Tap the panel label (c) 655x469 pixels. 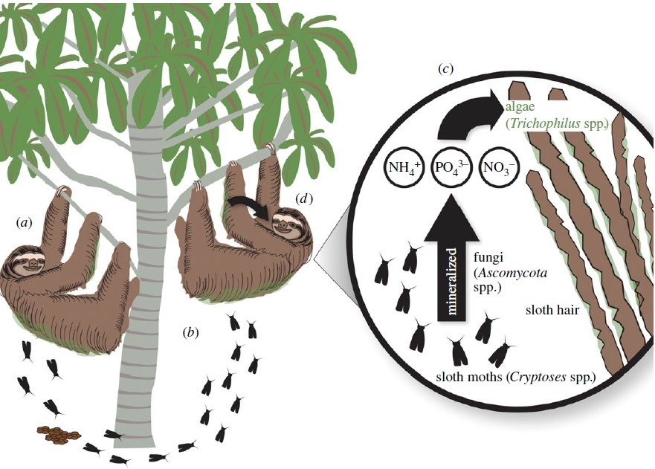tap(446, 69)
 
